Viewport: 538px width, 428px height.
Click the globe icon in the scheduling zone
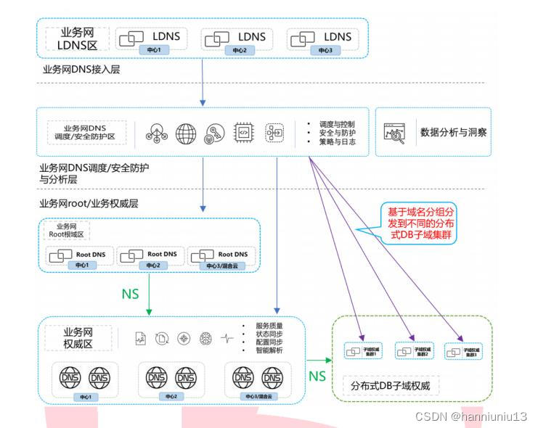(x=187, y=133)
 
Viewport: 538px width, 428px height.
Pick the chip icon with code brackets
(x=243, y=133)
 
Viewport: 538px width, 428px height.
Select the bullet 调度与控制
(x=336, y=124)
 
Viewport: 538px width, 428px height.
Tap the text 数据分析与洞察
(x=454, y=133)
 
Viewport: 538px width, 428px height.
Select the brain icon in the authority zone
(x=206, y=338)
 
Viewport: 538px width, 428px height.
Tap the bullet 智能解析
(x=269, y=351)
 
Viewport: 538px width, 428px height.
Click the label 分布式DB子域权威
(x=391, y=385)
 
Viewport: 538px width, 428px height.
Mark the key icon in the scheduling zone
(x=214, y=133)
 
